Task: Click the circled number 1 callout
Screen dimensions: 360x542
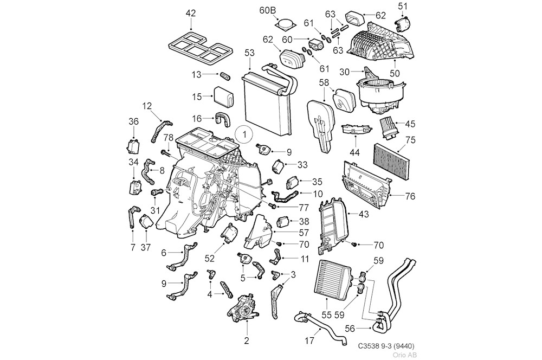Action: pyautogui.click(x=244, y=132)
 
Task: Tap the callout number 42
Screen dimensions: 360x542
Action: pyautogui.click(x=191, y=13)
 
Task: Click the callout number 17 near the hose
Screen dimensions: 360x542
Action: pyautogui.click(x=310, y=342)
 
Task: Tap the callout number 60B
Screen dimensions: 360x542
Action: pyautogui.click(x=267, y=10)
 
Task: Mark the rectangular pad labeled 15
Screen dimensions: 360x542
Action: pyautogui.click(x=223, y=97)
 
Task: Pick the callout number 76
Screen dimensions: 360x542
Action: pyautogui.click(x=410, y=196)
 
